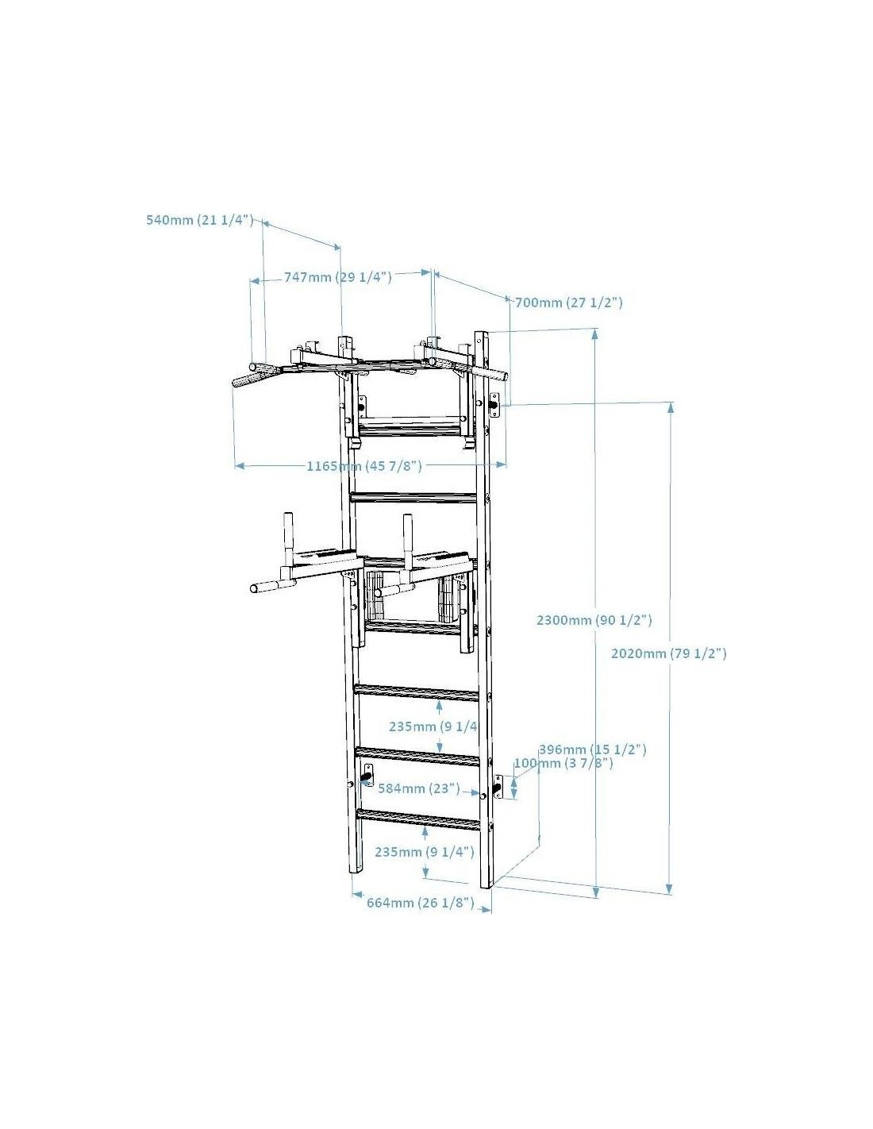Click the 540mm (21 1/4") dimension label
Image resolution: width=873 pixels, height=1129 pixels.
199,220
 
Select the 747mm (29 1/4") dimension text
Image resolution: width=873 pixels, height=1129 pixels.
337,277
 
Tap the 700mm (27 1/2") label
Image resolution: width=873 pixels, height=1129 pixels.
569,302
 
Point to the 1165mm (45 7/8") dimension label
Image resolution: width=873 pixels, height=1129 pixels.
364,466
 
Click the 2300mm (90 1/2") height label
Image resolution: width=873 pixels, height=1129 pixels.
594,620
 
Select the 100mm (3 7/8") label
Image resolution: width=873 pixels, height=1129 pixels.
563,763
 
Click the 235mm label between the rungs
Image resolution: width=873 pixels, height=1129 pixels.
433,726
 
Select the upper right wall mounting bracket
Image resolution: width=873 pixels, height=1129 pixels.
495,405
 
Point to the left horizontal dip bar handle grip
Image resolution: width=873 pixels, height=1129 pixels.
267,586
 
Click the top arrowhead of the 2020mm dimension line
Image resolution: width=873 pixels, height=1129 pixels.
671,408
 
